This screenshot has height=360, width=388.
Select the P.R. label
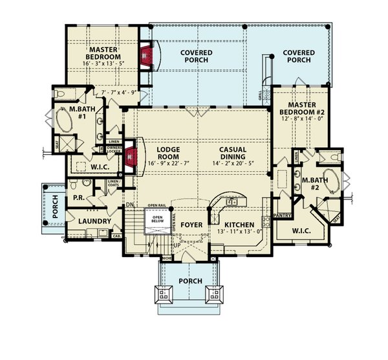coord(80,197)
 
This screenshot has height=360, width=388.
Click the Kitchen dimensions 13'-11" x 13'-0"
coord(241,232)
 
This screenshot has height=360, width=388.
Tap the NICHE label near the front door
coord(167,258)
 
